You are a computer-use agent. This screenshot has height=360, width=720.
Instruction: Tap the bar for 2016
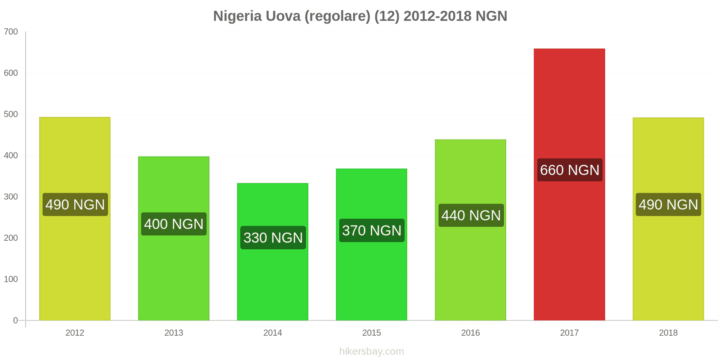(470, 270)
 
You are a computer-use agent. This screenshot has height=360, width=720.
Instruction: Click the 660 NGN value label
(569, 170)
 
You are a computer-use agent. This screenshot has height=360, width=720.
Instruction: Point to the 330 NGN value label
(273, 238)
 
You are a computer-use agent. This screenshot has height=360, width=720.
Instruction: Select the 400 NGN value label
(174, 224)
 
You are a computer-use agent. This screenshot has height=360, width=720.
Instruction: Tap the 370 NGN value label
(372, 230)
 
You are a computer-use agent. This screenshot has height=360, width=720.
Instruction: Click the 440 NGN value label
(471, 216)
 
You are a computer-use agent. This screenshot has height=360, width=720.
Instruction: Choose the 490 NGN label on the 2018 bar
(668, 205)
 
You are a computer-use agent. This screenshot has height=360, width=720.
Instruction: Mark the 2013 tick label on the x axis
(174, 333)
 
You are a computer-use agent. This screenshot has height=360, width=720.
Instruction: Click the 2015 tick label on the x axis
(372, 333)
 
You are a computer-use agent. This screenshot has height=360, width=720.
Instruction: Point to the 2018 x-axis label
(668, 333)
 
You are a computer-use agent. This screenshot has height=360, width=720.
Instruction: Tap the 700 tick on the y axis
(11, 32)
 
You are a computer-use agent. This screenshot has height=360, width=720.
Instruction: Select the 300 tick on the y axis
(11, 197)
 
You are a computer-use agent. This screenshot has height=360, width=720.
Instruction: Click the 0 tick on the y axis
(15, 320)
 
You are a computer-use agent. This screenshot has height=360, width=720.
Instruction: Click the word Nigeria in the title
(237, 16)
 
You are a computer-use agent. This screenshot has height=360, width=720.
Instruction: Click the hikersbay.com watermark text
(372, 351)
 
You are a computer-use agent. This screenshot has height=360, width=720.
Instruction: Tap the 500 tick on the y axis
(11, 114)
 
